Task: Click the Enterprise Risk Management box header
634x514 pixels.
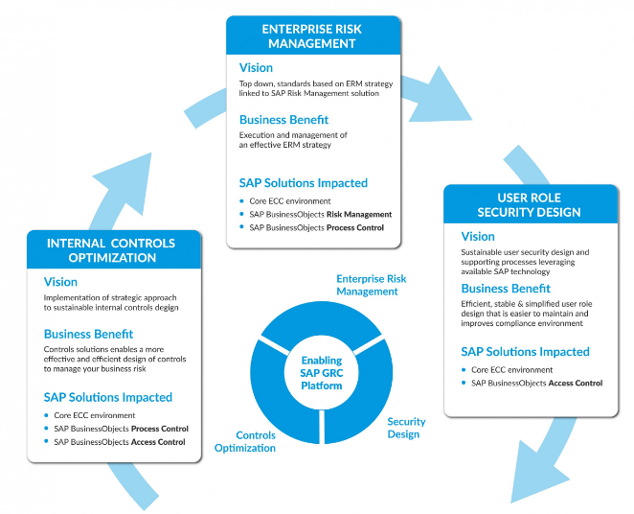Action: click(311, 35)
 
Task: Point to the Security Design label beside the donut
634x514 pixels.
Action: click(403, 428)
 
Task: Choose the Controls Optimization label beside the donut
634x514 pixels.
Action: click(244, 441)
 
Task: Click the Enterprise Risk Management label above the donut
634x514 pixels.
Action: click(371, 285)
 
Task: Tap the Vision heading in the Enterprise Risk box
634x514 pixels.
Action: click(256, 68)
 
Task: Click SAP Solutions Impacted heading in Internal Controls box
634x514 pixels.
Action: click(108, 397)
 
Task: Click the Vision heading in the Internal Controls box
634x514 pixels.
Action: click(61, 283)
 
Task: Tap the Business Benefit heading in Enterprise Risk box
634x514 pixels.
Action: click(283, 120)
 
